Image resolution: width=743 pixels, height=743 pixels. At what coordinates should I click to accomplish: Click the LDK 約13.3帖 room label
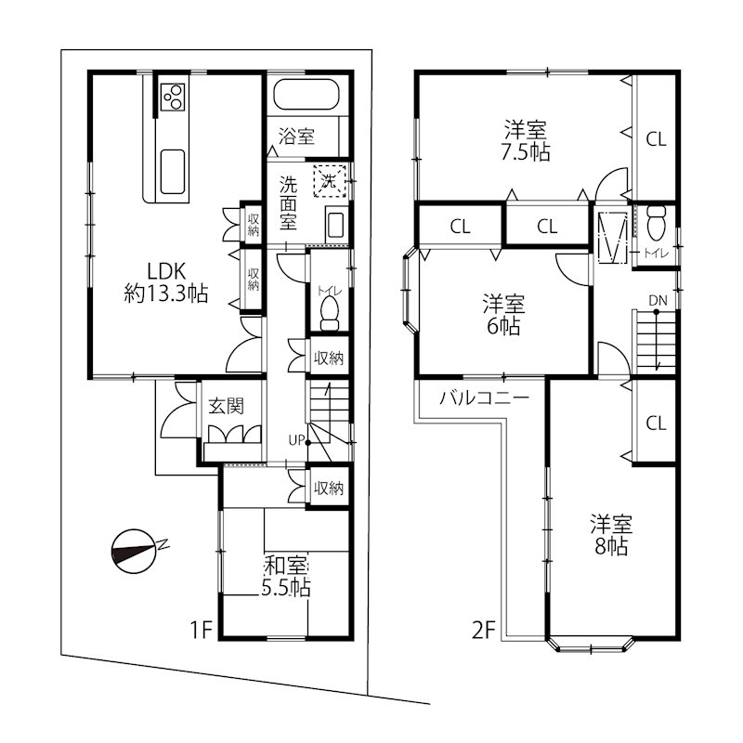(x=166, y=282)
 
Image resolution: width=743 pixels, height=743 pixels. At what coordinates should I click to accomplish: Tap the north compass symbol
(x=136, y=551)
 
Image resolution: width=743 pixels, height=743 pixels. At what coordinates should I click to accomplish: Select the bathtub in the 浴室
(x=306, y=95)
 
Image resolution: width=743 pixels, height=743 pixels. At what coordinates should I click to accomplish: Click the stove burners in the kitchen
(x=173, y=97)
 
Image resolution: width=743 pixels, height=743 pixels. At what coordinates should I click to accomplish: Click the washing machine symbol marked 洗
(x=330, y=180)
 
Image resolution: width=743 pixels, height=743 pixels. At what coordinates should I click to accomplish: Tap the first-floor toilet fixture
(x=331, y=314)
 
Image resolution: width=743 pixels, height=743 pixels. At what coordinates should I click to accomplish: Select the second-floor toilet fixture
(x=657, y=223)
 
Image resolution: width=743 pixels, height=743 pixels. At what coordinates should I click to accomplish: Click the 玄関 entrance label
(x=226, y=406)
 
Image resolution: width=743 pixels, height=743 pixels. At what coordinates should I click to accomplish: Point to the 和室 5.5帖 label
(x=286, y=576)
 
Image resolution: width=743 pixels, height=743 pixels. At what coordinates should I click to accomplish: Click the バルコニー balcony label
(x=484, y=398)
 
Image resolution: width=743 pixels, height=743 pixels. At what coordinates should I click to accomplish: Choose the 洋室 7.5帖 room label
(x=526, y=141)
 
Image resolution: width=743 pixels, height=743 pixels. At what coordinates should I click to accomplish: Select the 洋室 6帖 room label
(x=503, y=315)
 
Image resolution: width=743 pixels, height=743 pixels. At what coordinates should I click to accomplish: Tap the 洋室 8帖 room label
(x=611, y=535)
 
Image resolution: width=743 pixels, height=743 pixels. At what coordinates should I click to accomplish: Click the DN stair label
(x=658, y=300)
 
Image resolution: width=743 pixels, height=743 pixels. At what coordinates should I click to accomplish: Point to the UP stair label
(x=296, y=440)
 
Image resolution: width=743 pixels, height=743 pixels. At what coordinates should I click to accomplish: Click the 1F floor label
(x=201, y=630)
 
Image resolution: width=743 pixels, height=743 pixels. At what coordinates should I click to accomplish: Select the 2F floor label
(x=483, y=631)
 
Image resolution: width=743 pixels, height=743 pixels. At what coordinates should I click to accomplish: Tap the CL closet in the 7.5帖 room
(x=656, y=139)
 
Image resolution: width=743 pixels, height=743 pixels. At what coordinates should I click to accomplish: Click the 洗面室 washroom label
(x=288, y=202)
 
